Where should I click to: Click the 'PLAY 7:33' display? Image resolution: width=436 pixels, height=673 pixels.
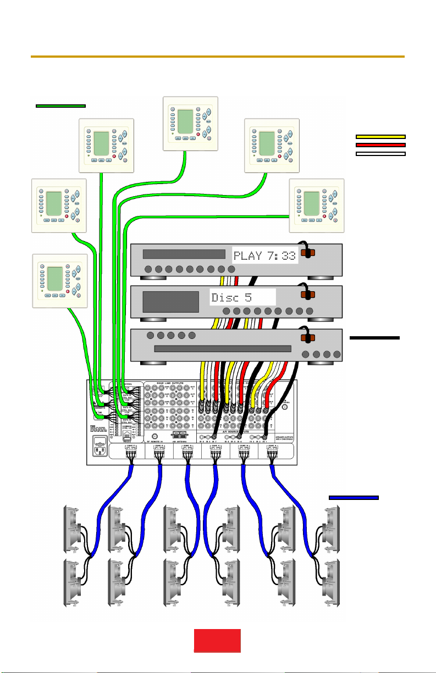click(x=265, y=255)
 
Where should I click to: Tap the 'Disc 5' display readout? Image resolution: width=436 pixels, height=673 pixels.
click(x=242, y=298)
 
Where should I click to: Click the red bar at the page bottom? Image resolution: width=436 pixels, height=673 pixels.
click(x=217, y=641)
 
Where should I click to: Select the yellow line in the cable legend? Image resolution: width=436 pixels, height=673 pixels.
click(x=380, y=136)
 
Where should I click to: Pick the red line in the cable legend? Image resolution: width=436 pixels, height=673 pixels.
click(x=380, y=144)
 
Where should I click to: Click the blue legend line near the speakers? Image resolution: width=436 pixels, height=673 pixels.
click(x=354, y=497)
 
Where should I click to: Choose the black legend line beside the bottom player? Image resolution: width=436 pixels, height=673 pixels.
click(x=374, y=338)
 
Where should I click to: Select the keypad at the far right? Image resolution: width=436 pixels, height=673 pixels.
click(x=317, y=205)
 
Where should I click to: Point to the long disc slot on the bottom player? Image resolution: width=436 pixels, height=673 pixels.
click(x=222, y=349)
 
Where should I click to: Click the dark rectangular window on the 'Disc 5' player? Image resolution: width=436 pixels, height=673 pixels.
click(x=170, y=302)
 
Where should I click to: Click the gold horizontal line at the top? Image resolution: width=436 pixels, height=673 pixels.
click(x=217, y=57)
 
